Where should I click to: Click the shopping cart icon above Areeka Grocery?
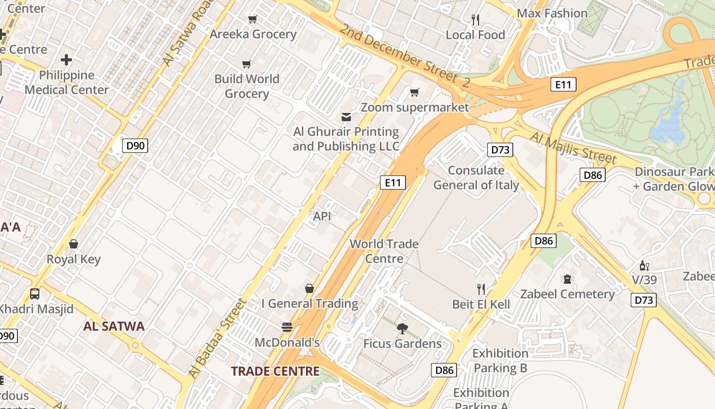tap(252, 19)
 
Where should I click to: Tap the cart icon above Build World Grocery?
tap(247, 64)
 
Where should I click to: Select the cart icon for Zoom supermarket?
tap(414, 93)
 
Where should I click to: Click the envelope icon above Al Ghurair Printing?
tap(346, 117)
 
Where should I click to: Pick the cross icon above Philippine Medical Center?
tap(66, 60)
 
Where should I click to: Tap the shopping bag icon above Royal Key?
tap(74, 244)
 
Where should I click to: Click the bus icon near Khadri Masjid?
tap(35, 294)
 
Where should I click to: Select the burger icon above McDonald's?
tap(287, 327)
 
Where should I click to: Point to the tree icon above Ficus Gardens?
tap(402, 328)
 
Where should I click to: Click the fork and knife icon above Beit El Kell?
tap(481, 289)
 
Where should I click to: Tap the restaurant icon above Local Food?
tap(475, 20)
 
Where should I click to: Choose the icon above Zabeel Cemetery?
tap(567, 279)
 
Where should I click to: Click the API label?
tap(322, 216)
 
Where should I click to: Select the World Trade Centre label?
tap(384, 251)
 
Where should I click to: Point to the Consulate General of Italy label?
tap(476, 177)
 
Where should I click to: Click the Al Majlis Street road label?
tap(574, 147)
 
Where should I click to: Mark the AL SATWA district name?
tap(114, 326)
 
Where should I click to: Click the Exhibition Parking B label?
tap(500, 360)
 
